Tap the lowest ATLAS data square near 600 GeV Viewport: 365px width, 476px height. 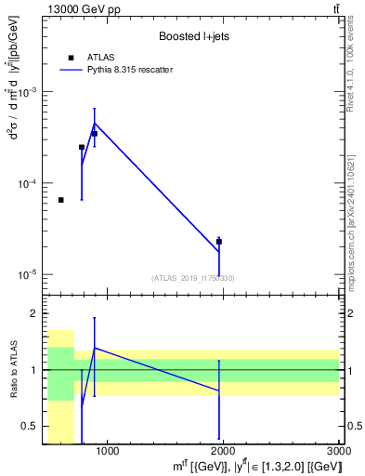pos(61,200)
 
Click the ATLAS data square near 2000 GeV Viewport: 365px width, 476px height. pos(219,242)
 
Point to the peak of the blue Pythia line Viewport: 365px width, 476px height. pos(95,123)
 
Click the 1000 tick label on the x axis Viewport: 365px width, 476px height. pos(107,453)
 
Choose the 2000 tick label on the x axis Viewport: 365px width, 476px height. pos(223,453)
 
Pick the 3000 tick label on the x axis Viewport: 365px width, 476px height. pos(339,453)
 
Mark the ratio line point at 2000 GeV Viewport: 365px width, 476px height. pos(219,391)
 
